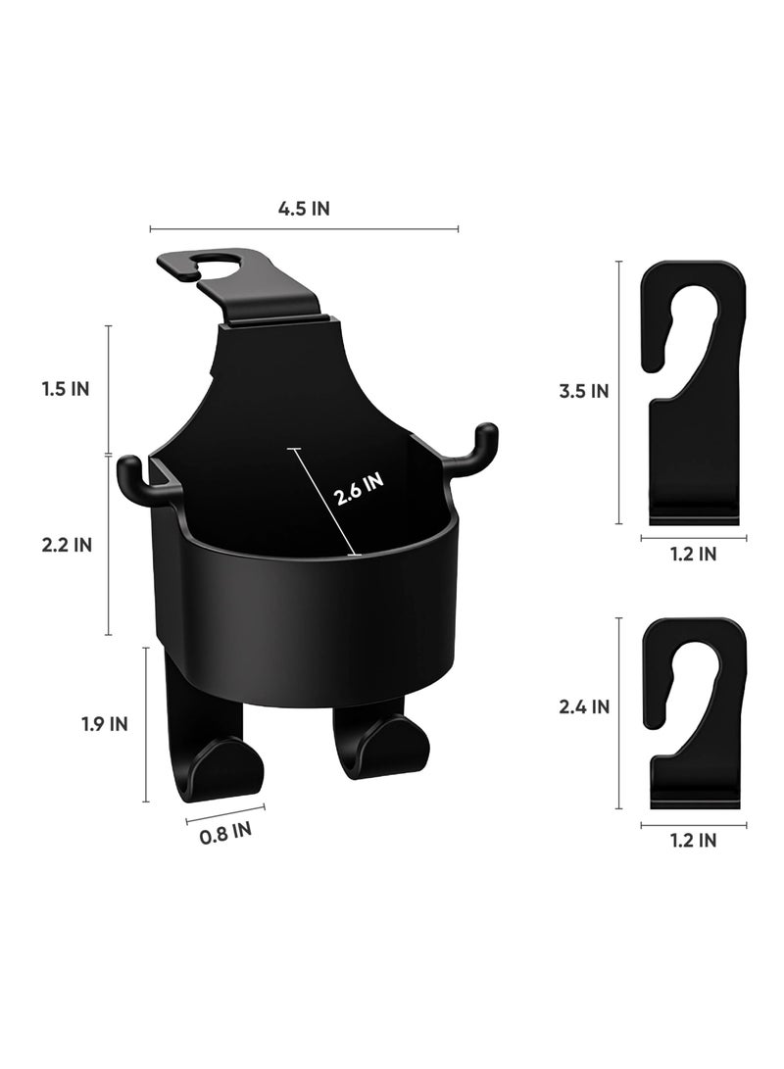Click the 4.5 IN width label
pos(304,209)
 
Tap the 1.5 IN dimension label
pos(67,389)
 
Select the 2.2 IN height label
pos(67,546)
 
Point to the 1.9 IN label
pos(104,724)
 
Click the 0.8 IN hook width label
pos(225,833)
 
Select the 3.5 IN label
pos(584,392)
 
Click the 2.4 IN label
pos(584,705)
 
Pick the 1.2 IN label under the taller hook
pos(692,555)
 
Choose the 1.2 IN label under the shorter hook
pos(692,840)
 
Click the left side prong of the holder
pos(137,480)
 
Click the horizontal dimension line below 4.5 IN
pos(304,229)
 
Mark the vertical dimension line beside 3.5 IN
pos(619,392)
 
